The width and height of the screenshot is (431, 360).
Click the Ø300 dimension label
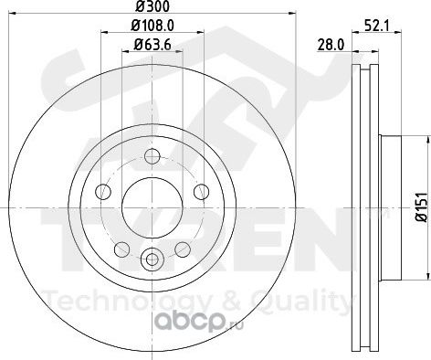[152, 6]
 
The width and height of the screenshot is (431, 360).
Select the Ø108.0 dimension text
[152, 26]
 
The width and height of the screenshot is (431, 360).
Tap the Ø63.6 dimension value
[152, 45]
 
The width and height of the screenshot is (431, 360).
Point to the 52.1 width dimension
[377, 26]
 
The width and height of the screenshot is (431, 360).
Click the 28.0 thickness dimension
[331, 46]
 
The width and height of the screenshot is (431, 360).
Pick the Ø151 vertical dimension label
[423, 207]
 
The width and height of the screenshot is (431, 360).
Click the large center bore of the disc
[152, 207]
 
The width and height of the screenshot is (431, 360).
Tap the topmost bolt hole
[152, 156]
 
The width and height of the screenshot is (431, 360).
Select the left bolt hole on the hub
[103, 192]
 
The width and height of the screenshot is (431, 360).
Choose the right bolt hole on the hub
[202, 192]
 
